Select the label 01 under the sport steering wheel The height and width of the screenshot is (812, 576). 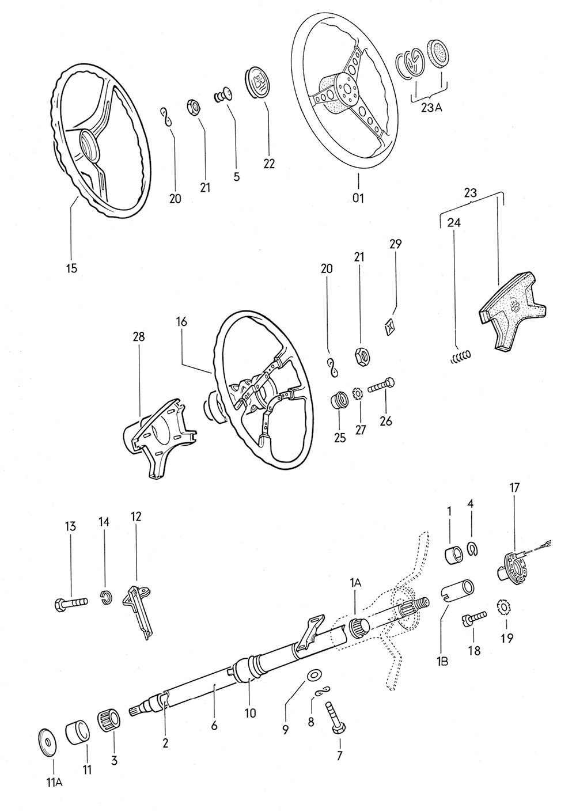pos(358,198)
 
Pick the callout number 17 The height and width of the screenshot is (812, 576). pos(514,488)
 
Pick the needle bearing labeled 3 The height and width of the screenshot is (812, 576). pos(110,720)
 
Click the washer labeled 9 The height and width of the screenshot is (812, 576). pos(314,674)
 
